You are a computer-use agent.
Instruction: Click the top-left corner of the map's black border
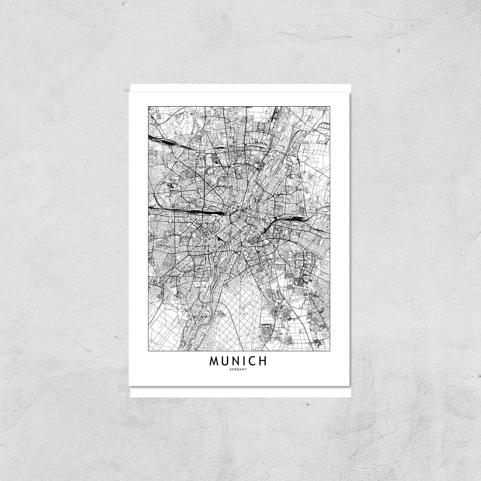(x=148, y=106)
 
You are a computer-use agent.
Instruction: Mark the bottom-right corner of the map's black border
(x=330, y=351)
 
